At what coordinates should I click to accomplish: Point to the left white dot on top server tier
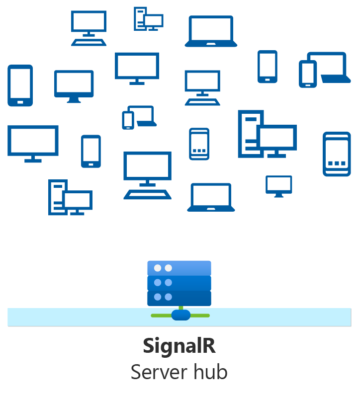click(158, 268)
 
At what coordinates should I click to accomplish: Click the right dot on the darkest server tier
click(169, 297)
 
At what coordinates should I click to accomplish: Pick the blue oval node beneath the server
click(180, 315)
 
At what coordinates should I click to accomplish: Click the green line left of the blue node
click(161, 315)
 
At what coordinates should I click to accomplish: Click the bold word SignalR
click(180, 346)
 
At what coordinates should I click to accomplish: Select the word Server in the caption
click(157, 372)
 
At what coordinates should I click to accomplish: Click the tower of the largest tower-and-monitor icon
click(249, 133)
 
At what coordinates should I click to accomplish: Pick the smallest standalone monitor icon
click(278, 185)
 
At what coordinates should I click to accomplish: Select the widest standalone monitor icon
click(33, 140)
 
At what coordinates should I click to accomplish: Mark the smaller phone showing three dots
click(199, 144)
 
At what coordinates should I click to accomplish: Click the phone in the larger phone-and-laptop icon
click(307, 74)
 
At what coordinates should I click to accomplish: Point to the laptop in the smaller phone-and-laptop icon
click(145, 116)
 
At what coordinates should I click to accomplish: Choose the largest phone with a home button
click(20, 85)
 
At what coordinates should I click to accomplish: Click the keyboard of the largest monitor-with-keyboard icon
click(147, 194)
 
